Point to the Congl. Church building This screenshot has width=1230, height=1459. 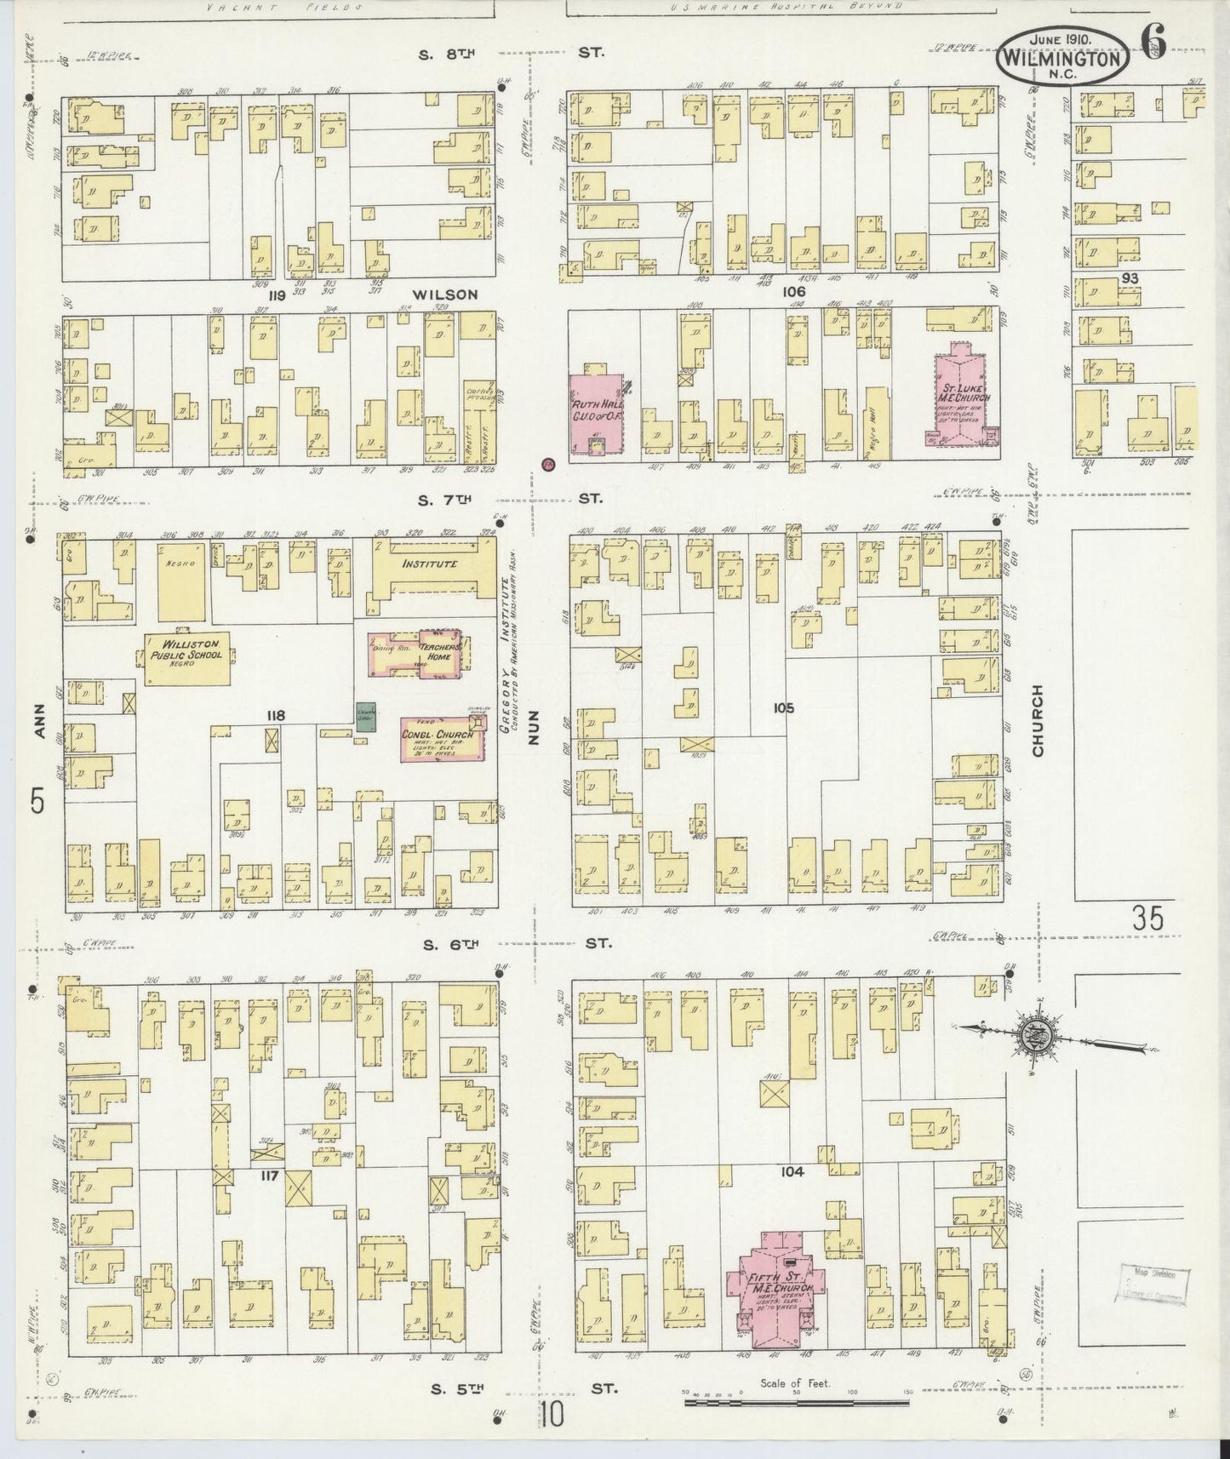pos(443,740)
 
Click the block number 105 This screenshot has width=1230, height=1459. pos(783,707)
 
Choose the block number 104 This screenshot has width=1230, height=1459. pos(792,1172)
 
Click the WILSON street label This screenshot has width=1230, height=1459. pos(445,295)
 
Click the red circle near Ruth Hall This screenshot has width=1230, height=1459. pos(548,464)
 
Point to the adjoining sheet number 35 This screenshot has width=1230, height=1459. pos(1147,919)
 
